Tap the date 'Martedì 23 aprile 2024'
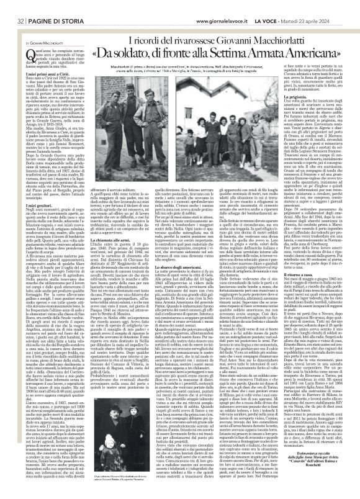pyautogui.click(x=329, y=6)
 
